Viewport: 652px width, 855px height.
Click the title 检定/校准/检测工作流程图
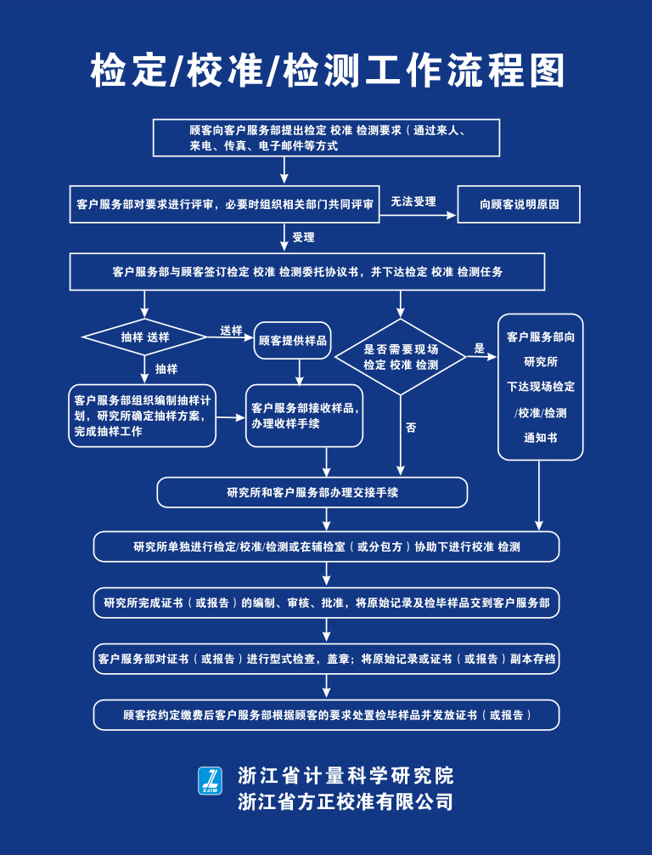327,71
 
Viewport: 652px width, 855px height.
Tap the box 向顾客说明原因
519,205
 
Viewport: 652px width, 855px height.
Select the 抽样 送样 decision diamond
145,337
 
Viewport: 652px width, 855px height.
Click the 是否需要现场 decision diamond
401,357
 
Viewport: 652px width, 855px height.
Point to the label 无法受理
413,202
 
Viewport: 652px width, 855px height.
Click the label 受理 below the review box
303,237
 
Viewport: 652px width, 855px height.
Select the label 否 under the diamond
411,428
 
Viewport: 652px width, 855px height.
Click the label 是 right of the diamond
479,348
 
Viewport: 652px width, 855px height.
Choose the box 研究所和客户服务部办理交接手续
312,492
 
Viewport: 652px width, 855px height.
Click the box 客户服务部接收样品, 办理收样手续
305,416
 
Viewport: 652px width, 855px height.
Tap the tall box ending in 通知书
541,387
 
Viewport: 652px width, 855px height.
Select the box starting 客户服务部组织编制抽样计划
143,416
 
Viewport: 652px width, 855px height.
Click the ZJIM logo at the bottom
210,782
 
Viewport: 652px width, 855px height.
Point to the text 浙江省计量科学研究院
346,775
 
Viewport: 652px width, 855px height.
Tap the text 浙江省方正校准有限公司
346,801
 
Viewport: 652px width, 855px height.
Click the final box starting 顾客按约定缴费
326,715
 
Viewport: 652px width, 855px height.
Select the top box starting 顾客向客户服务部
326,138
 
